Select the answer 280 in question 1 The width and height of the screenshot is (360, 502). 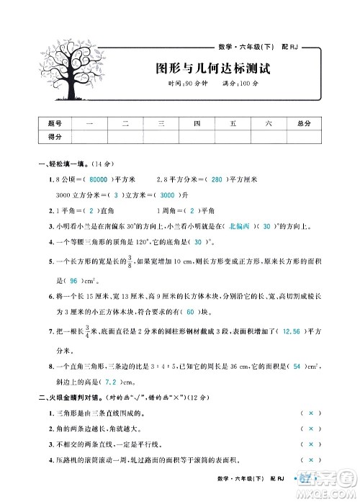point(215,179)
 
